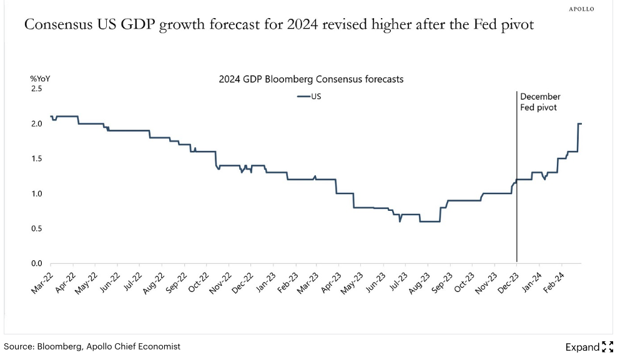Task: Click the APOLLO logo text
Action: coord(581,9)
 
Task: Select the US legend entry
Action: coord(310,97)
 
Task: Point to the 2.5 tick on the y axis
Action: coord(36,89)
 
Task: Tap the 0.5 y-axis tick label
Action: coord(36,228)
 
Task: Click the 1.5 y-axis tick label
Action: coord(36,158)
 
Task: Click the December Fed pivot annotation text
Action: coord(539,102)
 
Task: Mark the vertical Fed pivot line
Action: coord(517,187)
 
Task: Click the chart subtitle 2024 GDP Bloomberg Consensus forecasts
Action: coord(311,79)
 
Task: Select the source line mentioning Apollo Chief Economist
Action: coord(92,346)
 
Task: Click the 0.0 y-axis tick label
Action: coord(36,263)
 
